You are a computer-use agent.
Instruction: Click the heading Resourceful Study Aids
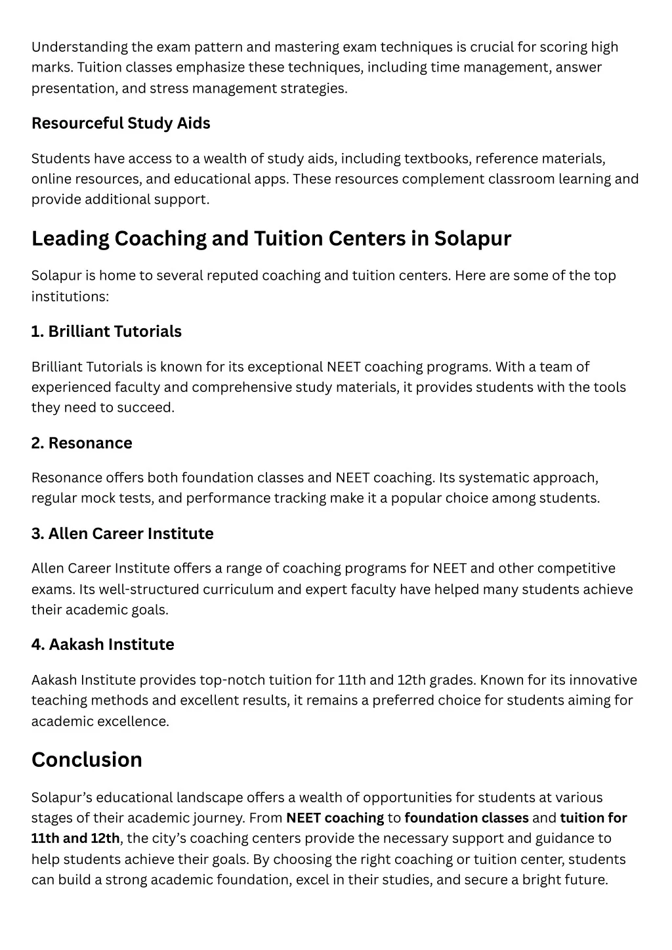(x=121, y=123)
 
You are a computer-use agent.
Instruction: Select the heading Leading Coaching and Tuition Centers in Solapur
(x=271, y=238)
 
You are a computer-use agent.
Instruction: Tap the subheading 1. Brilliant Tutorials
(x=106, y=332)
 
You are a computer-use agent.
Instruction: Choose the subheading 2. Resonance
(x=81, y=443)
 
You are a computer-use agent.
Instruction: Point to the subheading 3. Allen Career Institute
(x=122, y=534)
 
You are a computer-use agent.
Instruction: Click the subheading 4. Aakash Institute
(x=102, y=645)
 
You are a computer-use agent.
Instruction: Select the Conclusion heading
(x=87, y=760)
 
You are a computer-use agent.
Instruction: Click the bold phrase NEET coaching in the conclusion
(x=335, y=818)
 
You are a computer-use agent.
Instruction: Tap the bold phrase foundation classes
(x=467, y=818)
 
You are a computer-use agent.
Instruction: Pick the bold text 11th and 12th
(x=75, y=838)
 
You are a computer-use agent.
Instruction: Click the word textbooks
(x=437, y=159)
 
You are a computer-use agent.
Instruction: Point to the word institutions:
(x=70, y=297)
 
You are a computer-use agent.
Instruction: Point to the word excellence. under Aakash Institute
(x=133, y=722)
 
